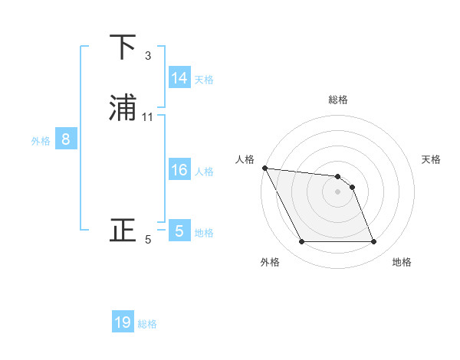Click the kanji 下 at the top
pyautogui.click(x=123, y=47)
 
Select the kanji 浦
pyautogui.click(x=123, y=108)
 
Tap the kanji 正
pyautogui.click(x=123, y=230)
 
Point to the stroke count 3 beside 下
pyautogui.click(x=147, y=56)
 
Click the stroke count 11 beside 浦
pyautogui.click(x=148, y=117)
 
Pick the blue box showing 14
pyautogui.click(x=179, y=77)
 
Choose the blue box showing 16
pyautogui.click(x=179, y=170)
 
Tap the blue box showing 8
pyautogui.click(x=66, y=139)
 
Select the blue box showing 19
pyautogui.click(x=123, y=322)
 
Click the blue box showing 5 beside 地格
pyautogui.click(x=179, y=231)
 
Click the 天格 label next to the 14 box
pyautogui.click(x=204, y=79)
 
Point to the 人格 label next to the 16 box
pyautogui.click(x=204, y=172)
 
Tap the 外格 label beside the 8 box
pyautogui.click(x=41, y=141)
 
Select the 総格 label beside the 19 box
pyautogui.click(x=147, y=324)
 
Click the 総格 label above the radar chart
pyautogui.click(x=338, y=100)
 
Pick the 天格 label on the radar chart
pyautogui.click(x=432, y=159)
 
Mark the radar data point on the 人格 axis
pyautogui.click(x=264, y=168)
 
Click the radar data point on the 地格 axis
pyautogui.click(x=374, y=242)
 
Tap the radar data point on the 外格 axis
pyautogui.click(x=301, y=242)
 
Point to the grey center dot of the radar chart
pyautogui.click(x=338, y=191)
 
